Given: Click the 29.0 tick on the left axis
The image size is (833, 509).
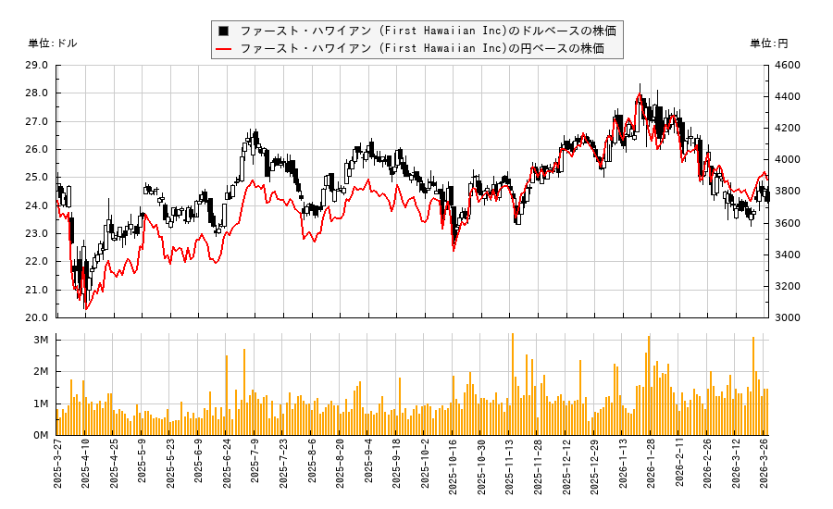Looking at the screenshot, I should (38, 65).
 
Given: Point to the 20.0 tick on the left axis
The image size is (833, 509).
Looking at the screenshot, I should (38, 317).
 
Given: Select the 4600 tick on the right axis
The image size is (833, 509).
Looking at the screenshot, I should (787, 65).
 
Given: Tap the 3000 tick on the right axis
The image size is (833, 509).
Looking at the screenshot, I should (787, 317).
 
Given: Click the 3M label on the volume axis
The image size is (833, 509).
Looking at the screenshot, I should (41, 340).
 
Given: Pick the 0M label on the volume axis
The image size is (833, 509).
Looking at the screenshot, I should (41, 435).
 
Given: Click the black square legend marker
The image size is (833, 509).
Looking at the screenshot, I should (223, 31).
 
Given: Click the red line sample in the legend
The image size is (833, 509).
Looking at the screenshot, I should (223, 49).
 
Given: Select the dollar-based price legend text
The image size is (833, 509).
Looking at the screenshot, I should (428, 31).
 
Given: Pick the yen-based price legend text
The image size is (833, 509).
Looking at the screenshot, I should (422, 49).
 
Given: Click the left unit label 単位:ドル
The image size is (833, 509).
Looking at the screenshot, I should (53, 43).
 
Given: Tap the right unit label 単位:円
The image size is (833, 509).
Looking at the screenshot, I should (768, 43).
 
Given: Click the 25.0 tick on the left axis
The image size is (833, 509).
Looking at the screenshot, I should (38, 177).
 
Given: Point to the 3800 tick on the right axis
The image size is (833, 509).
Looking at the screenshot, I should (787, 192).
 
